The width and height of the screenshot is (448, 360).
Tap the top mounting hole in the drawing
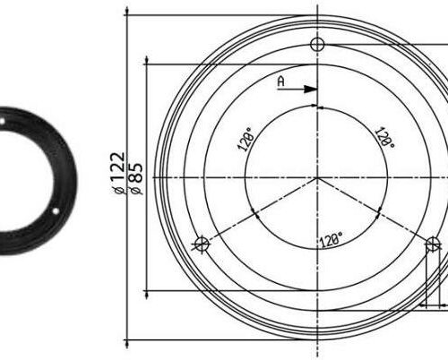point(316,45)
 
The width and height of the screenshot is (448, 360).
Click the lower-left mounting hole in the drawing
point(202,243)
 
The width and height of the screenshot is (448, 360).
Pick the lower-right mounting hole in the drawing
point(432,243)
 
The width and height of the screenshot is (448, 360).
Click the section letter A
point(280,81)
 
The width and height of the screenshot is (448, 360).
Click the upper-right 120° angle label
point(384,137)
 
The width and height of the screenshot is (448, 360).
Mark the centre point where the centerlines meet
point(316,177)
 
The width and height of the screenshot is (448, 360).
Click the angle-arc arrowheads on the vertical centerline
point(316,106)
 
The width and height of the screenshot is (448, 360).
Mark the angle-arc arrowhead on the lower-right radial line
point(379,213)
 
